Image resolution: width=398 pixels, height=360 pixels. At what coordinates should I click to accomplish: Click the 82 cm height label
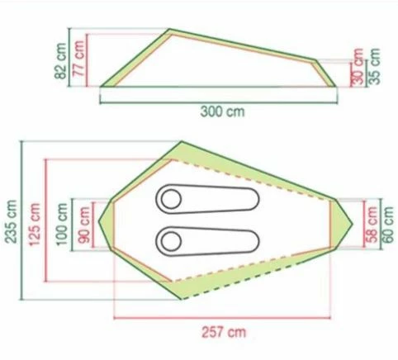(x=60, y=61)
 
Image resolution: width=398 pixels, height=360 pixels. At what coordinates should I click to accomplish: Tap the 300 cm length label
(x=222, y=111)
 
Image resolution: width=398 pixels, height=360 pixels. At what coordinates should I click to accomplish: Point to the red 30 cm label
(x=357, y=67)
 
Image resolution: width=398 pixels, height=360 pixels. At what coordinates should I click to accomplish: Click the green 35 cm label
(x=374, y=66)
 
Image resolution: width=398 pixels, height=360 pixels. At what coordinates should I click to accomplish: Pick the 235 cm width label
(x=12, y=221)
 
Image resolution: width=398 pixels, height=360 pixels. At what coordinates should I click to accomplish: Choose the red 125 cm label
(x=34, y=225)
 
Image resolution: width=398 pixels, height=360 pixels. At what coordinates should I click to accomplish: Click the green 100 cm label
(x=61, y=224)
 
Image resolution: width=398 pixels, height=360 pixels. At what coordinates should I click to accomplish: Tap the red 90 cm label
(x=83, y=225)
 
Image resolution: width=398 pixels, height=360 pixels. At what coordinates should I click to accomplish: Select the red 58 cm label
(x=372, y=224)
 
